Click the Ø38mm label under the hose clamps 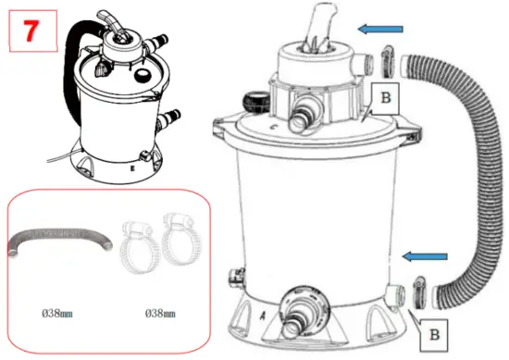162,313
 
